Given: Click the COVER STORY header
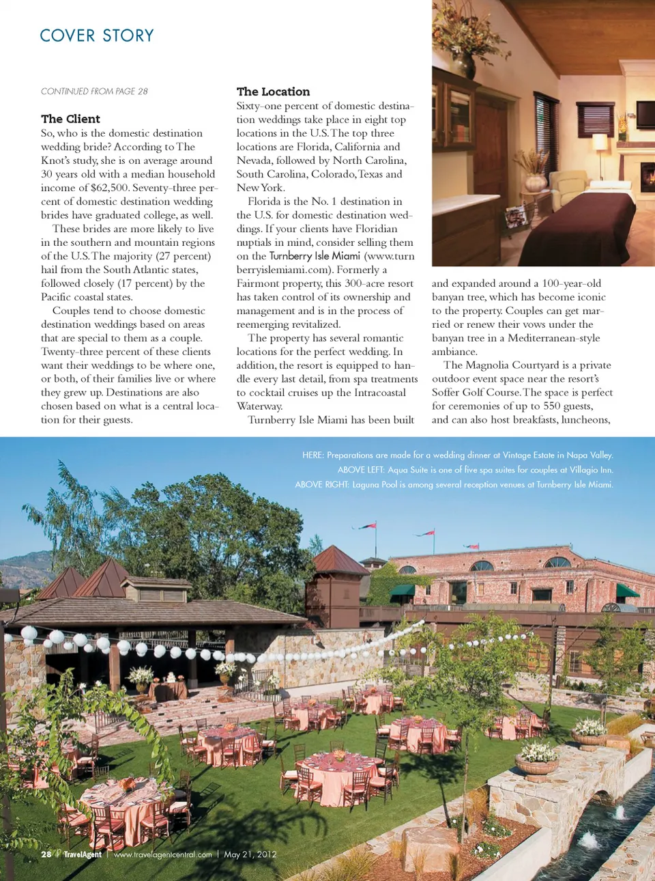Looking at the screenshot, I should click(97, 36).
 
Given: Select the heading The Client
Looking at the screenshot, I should click(70, 119).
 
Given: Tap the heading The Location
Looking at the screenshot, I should click(273, 92).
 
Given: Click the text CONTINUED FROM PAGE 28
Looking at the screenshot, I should click(94, 92).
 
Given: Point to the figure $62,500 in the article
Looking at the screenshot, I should click(109, 188).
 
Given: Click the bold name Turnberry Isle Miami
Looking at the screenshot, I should click(315, 256).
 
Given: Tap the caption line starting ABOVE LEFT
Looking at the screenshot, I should click(475, 470).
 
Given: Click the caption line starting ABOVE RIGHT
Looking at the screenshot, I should click(454, 485).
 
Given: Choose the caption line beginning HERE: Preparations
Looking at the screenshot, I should click(457, 455).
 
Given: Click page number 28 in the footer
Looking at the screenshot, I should click(46, 854).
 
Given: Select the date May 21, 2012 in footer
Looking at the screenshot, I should click(250, 854).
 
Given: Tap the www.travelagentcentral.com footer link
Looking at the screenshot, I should click(162, 854).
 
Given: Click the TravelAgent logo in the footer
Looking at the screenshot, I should click(82, 854).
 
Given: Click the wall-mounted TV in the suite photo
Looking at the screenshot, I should click(645, 114).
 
